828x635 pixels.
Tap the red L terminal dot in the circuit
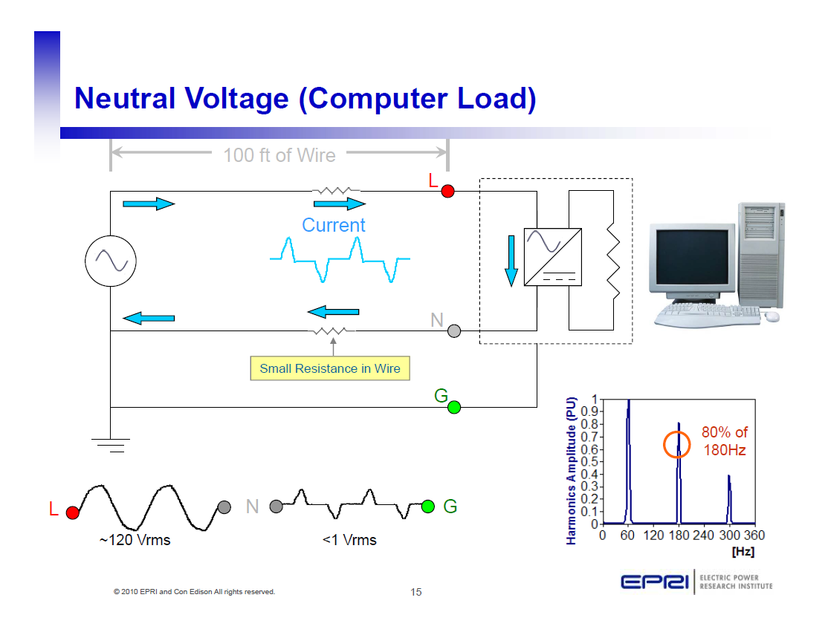pos(447,191)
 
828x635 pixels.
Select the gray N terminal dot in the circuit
pos(455,331)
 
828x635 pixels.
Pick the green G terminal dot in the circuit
pos(454,407)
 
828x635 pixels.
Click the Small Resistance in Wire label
pos(330,368)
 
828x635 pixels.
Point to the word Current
pos(333,225)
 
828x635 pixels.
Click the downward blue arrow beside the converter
pos(511,261)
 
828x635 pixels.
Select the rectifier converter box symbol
pos(553,257)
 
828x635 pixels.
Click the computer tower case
pos(762,253)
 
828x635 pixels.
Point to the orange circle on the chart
pos(678,444)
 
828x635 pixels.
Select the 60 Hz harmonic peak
pos(628,460)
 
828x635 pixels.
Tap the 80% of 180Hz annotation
pos(725,441)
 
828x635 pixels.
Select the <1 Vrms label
pos(349,540)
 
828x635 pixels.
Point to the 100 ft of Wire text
pos(279,155)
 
